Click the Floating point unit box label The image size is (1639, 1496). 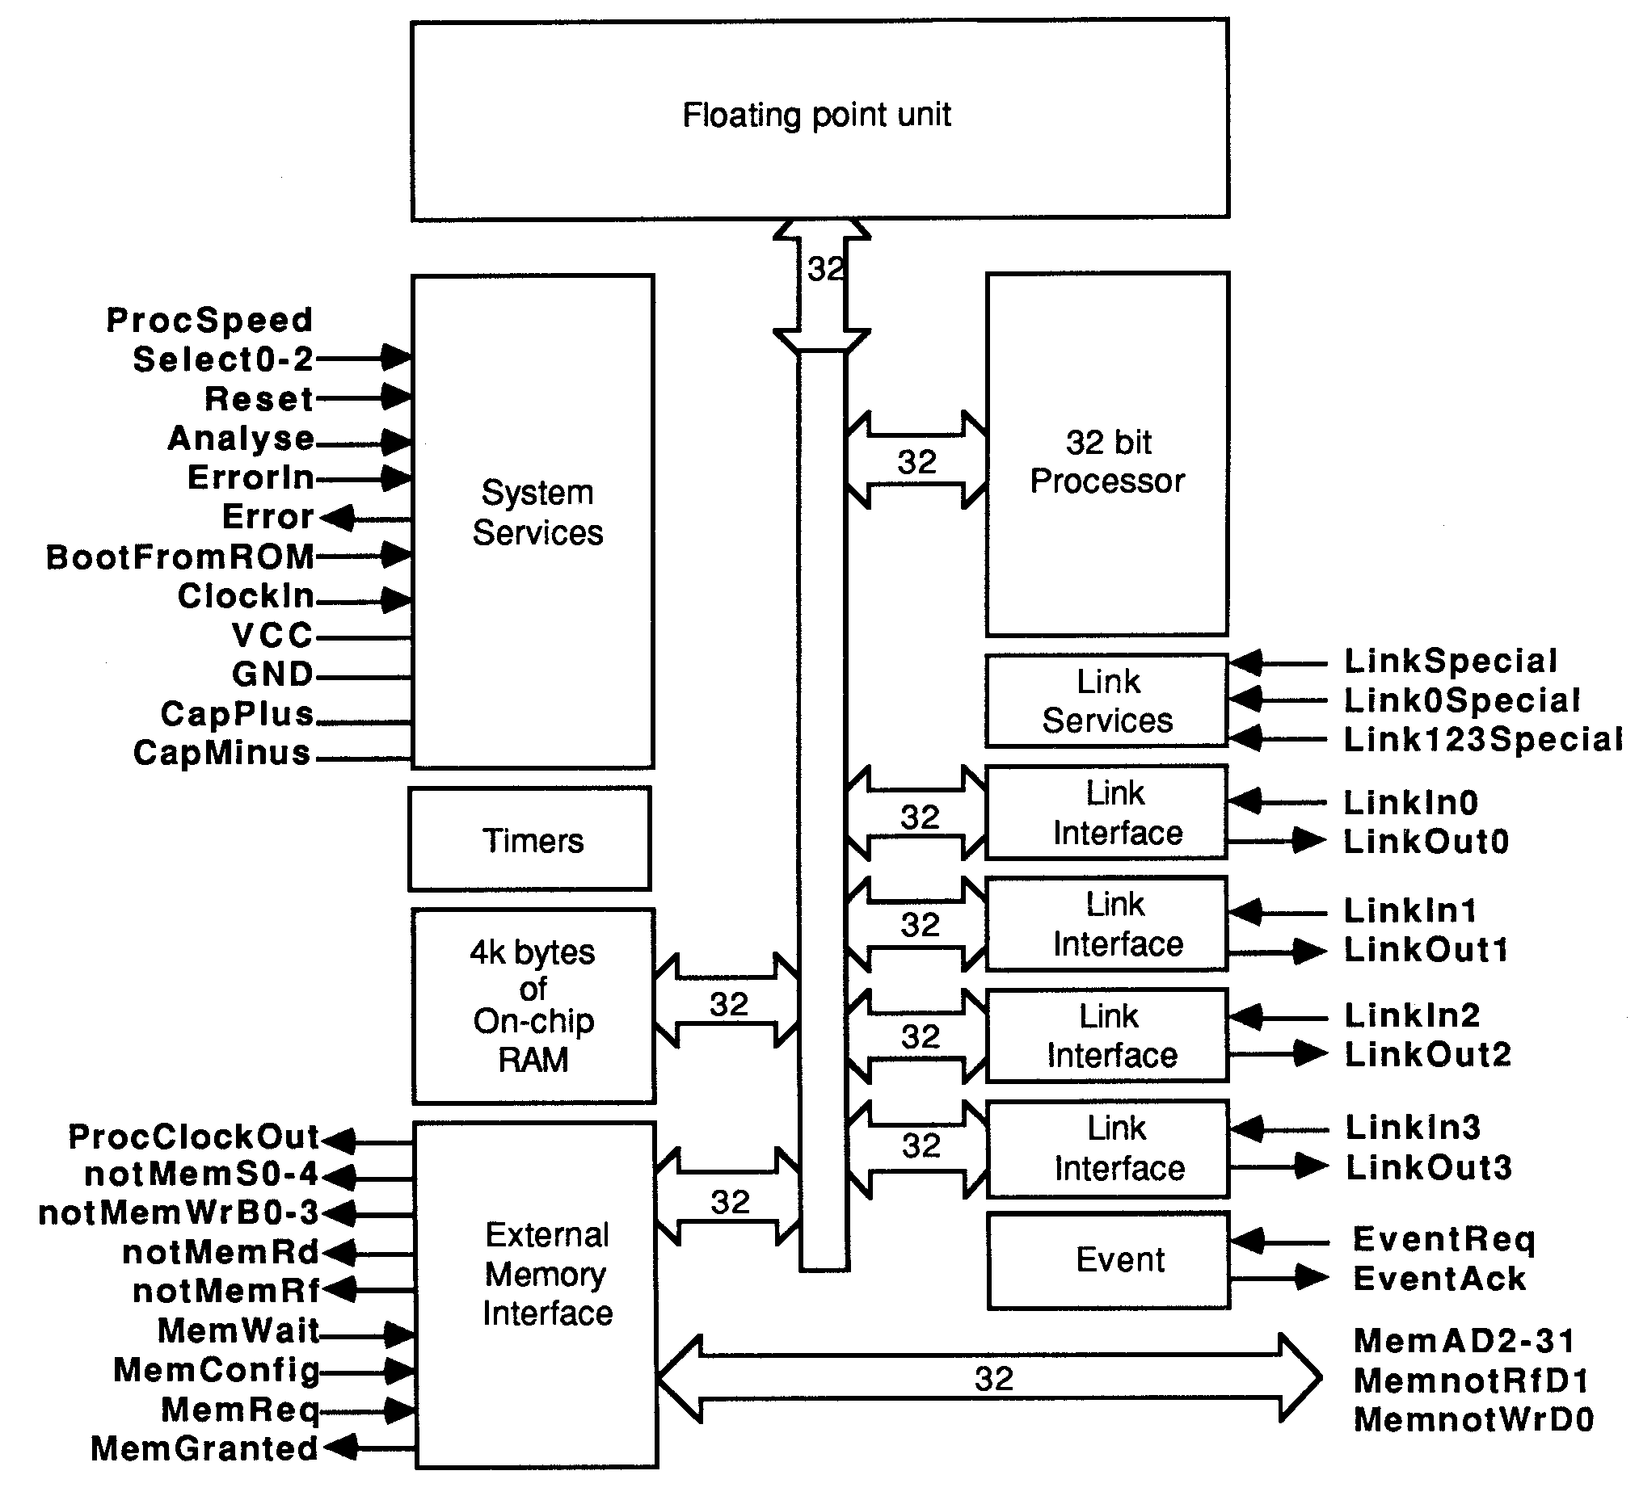click(x=816, y=116)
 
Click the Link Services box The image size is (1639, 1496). click(x=1106, y=700)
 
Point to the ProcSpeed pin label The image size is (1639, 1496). click(x=210, y=320)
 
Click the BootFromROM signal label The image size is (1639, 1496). click(x=180, y=557)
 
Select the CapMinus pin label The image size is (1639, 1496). click(x=222, y=753)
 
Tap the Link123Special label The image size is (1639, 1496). click(x=1481, y=739)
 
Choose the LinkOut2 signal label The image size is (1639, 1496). click(x=1427, y=1054)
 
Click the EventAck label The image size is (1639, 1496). click(x=1439, y=1278)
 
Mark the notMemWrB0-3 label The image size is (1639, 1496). click(x=179, y=1212)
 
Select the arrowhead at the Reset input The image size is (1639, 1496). click(x=397, y=398)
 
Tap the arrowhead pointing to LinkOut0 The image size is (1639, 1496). click(x=1309, y=840)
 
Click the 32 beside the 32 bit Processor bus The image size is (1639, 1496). click(x=917, y=462)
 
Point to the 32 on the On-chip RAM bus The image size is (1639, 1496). click(x=728, y=1004)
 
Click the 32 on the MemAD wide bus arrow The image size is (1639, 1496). click(x=993, y=1379)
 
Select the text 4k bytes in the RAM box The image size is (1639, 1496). click(x=533, y=952)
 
